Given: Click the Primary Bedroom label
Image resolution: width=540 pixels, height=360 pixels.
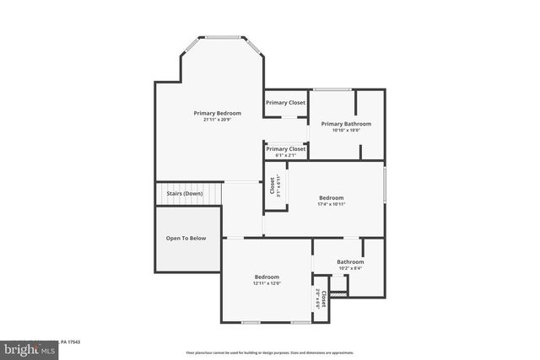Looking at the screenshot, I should pos(217,113).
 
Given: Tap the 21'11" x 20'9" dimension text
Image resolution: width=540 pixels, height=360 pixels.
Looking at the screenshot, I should pos(217,120).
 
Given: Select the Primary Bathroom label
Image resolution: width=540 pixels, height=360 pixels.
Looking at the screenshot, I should pos(346,124).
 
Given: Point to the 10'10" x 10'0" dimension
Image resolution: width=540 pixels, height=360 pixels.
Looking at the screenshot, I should pos(346,130).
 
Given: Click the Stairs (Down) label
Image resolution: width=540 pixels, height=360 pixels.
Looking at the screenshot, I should pos(184,194).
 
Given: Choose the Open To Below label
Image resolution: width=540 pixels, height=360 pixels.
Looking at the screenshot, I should pos(186,239).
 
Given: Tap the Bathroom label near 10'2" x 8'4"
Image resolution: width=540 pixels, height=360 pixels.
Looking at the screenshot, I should pos(350,261).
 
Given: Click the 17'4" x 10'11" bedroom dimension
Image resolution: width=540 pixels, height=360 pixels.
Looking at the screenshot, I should pos(331,205).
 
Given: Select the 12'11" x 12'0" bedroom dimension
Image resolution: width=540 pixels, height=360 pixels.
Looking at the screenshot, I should pos(267,283).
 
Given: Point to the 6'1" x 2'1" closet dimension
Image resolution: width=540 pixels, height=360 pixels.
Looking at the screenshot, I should pos(285,155).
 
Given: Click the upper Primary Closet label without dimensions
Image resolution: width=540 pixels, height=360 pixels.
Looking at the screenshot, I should pos(285,103).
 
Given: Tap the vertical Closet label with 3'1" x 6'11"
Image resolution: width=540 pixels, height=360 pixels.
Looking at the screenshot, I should pos(274,185).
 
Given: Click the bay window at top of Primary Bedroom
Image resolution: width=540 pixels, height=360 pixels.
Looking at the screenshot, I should pos(224,37).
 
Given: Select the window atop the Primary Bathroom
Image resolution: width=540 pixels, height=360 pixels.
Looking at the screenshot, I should pos(332,89).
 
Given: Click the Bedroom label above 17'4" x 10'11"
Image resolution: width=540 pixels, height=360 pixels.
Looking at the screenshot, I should pos(331,198).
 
